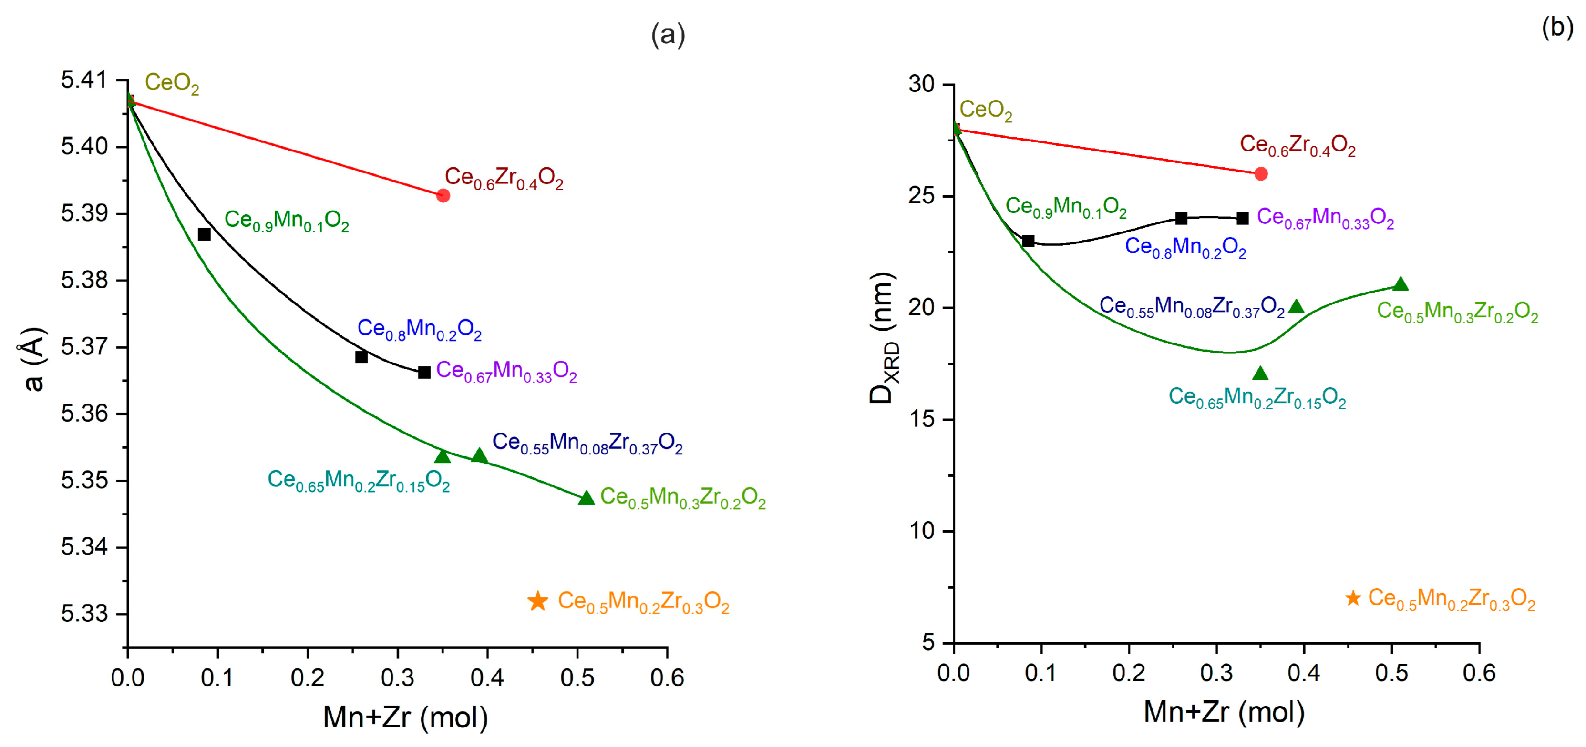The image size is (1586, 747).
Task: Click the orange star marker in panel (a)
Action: [537, 601]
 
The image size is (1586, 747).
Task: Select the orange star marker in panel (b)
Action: [1353, 597]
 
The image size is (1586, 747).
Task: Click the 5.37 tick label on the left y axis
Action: [84, 347]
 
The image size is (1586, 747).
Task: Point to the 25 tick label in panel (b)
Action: [922, 196]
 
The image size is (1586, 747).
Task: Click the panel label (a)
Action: [668, 35]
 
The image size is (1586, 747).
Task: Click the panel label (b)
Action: [1557, 28]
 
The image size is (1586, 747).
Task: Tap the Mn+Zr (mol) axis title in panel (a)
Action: [405, 717]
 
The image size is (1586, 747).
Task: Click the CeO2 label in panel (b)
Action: [985, 110]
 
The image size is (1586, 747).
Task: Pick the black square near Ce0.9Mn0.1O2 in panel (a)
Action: [204, 234]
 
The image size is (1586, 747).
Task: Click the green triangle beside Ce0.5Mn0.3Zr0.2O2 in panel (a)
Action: [586, 498]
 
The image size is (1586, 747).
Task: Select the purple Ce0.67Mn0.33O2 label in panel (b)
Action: [1325, 218]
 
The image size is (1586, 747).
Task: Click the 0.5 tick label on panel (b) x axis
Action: [1391, 673]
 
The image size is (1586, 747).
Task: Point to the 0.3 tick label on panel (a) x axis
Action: [397, 678]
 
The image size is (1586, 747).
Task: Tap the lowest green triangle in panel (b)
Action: [1260, 373]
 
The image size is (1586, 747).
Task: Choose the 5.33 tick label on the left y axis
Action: [84, 614]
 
